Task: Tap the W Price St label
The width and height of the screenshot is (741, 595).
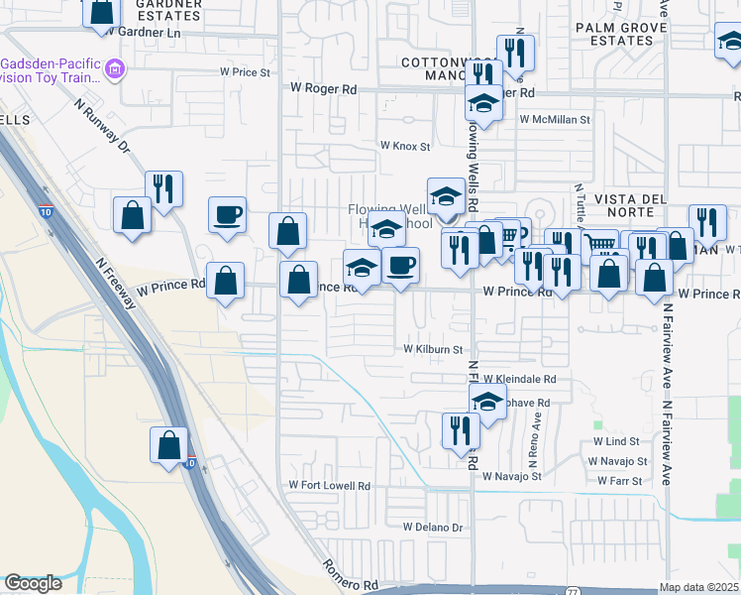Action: [245, 72]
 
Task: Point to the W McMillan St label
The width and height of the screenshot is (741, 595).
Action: [555, 119]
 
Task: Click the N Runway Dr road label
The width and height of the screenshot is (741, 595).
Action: [102, 125]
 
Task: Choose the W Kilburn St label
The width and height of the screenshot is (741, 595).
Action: [433, 349]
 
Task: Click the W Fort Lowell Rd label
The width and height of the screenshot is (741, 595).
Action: [329, 485]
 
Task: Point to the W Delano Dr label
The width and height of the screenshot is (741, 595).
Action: [433, 527]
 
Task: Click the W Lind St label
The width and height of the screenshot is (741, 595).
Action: [617, 440]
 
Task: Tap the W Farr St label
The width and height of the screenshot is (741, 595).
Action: [620, 481]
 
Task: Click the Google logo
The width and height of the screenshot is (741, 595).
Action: [33, 583]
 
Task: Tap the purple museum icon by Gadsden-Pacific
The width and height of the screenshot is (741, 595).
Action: [115, 69]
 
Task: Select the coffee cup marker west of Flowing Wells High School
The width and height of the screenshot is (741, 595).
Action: [227, 215]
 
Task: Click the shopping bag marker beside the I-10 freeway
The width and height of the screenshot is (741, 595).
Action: [169, 444]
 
